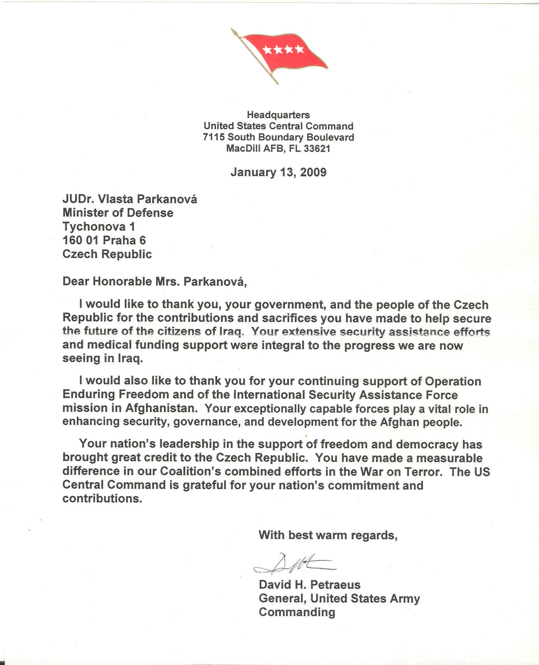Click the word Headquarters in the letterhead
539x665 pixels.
point(278,115)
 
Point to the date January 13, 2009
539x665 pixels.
point(278,172)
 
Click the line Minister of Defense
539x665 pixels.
point(118,213)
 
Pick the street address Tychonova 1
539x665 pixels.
point(99,226)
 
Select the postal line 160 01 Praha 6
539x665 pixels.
point(104,240)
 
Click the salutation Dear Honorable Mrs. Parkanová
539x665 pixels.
point(154,281)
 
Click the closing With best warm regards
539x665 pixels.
point(328,535)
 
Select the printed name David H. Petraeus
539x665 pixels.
point(310,585)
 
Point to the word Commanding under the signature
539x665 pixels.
point(297,612)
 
